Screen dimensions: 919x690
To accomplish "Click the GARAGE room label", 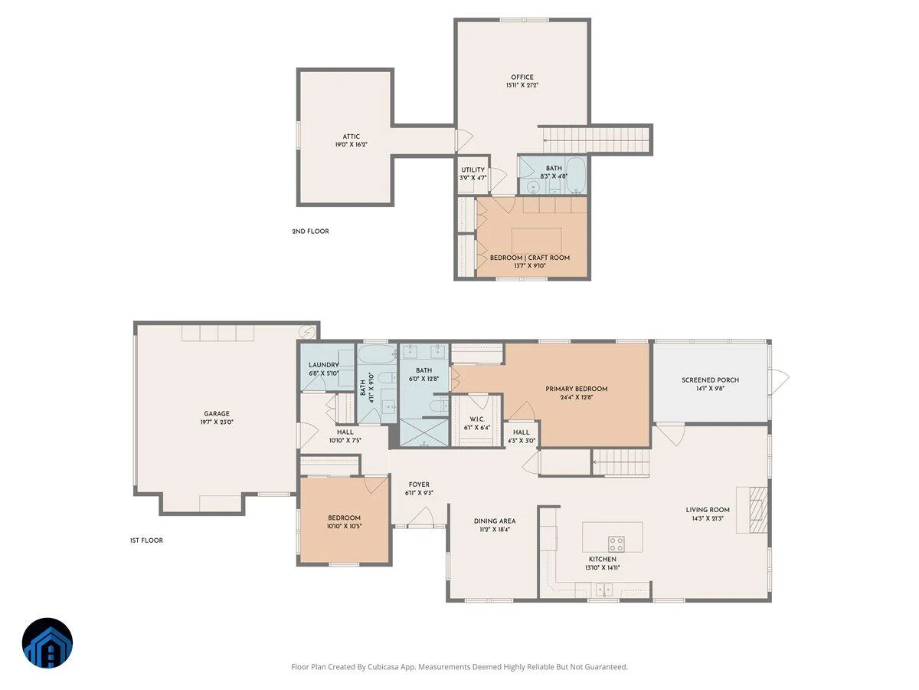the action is tap(217, 413).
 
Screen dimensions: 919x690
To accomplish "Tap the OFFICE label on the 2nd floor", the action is tap(522, 77).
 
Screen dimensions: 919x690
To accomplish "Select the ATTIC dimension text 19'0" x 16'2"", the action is tap(351, 145).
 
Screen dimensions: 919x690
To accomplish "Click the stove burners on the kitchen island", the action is tap(616, 544).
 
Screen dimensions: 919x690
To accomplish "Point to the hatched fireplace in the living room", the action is tap(758, 509).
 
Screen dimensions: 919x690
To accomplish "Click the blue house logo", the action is tap(47, 642).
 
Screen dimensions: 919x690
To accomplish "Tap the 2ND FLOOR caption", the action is tap(310, 232).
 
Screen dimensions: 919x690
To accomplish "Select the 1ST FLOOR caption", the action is tap(146, 540).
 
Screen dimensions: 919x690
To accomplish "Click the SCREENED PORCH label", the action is tap(710, 380).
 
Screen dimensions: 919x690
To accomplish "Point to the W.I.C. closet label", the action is tap(477, 419).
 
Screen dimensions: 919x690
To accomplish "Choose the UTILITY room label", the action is tap(473, 169).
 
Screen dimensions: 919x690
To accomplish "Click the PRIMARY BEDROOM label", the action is tap(576, 389).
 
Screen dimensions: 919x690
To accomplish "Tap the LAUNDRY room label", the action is tap(324, 365).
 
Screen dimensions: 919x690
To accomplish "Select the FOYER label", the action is tap(419, 485).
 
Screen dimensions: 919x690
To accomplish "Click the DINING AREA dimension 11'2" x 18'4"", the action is tap(495, 529).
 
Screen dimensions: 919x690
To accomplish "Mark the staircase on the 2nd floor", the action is tap(595, 140).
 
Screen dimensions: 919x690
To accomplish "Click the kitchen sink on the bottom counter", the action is tap(604, 590).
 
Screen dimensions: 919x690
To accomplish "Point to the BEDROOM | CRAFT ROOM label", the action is tap(530, 258).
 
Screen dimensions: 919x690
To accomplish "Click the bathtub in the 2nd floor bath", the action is tap(575, 176).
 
